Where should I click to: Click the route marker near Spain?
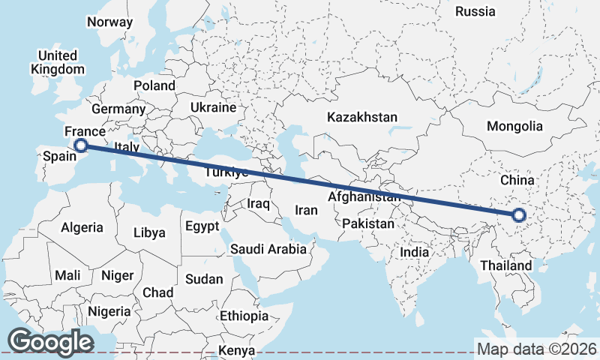click(81, 145)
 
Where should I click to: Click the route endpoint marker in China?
click(518, 216)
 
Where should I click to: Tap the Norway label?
click(109, 22)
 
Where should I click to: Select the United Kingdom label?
click(58, 62)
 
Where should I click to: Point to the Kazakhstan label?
click(361, 118)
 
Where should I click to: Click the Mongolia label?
click(514, 126)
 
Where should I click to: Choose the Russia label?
click(475, 11)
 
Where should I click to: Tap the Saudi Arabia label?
click(268, 249)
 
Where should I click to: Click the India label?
click(415, 252)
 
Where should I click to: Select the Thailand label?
click(506, 265)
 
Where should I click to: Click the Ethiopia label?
click(244, 316)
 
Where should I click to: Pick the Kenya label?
click(237, 350)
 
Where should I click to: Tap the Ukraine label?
click(213, 108)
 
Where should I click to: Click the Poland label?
click(154, 85)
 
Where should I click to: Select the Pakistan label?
click(367, 224)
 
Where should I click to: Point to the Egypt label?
click(202, 226)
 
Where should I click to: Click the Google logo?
click(50, 342)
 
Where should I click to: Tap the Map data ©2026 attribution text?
click(536, 349)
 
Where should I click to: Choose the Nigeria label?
click(109, 310)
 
